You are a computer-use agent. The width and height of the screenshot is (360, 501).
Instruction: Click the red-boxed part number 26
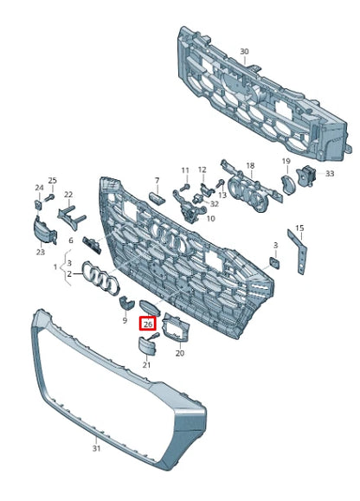click(148, 324)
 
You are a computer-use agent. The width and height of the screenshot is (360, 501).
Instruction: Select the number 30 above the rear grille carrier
click(244, 51)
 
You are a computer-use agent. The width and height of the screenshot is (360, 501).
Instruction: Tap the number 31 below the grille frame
click(96, 448)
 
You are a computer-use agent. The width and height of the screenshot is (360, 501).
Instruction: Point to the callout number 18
click(250, 165)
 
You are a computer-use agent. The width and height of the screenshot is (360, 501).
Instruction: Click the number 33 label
click(330, 174)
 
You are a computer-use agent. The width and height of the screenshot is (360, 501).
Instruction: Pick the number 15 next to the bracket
click(299, 228)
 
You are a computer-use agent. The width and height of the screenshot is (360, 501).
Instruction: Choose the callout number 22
click(68, 195)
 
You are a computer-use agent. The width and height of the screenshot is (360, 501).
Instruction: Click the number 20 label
click(180, 353)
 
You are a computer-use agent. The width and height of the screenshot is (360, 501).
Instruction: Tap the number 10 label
click(211, 219)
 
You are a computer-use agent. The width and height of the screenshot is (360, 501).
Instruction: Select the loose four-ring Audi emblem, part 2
click(101, 278)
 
